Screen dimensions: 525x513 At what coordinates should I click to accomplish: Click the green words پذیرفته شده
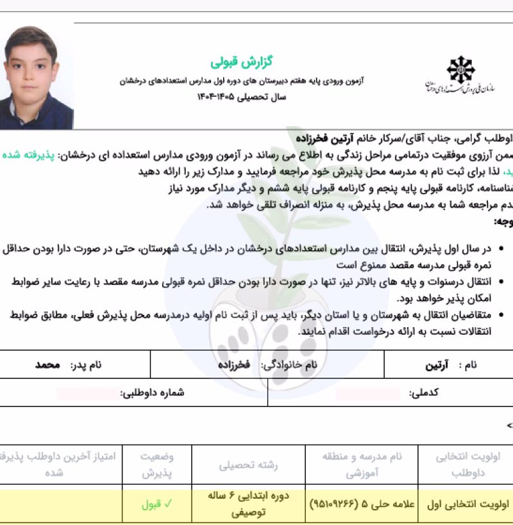click(491, 156)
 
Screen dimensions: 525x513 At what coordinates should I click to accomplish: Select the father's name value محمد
click(47, 366)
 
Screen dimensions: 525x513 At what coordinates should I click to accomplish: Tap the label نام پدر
click(86, 366)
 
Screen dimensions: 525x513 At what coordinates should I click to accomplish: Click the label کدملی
click(423, 393)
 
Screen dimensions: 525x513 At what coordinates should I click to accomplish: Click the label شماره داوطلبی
click(153, 393)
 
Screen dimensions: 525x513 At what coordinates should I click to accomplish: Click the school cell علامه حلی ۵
click(362, 504)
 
